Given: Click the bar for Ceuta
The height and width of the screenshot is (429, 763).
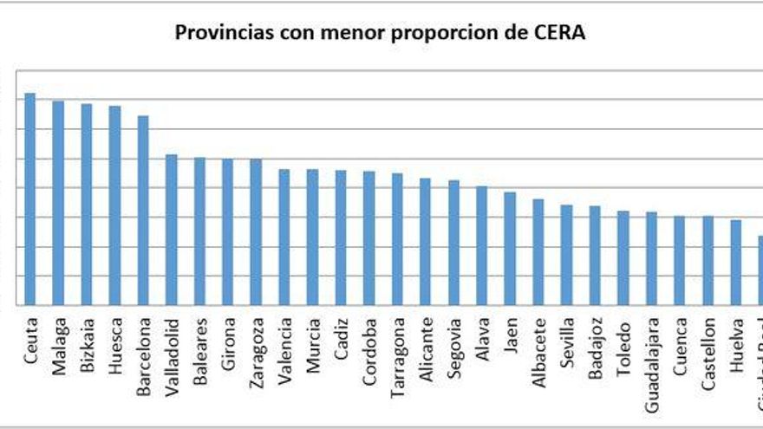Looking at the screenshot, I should tap(30, 198).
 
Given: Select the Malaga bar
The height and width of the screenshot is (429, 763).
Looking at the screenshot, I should tap(58, 203).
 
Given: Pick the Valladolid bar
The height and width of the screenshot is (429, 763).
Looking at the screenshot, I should tap(172, 229).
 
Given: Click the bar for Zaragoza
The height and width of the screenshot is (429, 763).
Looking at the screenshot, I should tap(256, 231).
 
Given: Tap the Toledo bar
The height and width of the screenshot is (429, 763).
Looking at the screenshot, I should tap(623, 257).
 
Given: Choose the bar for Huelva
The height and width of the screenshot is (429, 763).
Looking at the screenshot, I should tap(735, 262).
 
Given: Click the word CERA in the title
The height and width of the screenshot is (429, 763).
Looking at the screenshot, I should tap(561, 34).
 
